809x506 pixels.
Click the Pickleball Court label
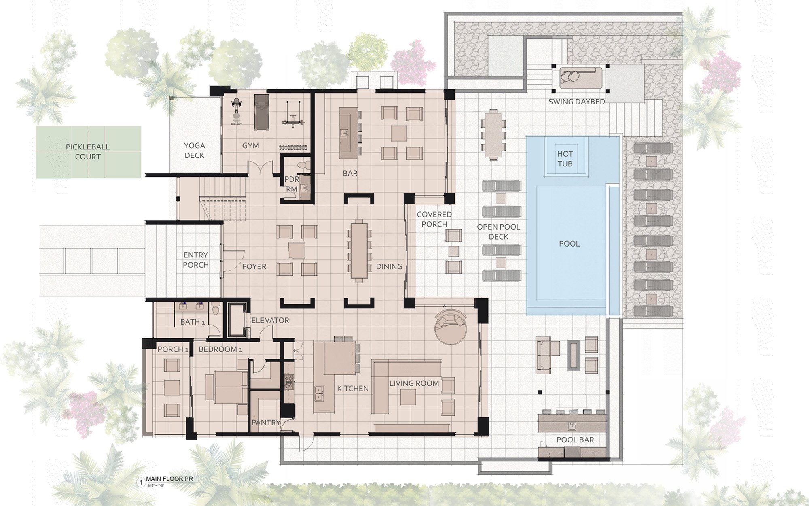(x=88, y=152)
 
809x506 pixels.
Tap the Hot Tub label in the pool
(x=565, y=159)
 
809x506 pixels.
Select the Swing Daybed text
(x=576, y=102)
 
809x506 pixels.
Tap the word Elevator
(x=270, y=320)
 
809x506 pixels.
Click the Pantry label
(x=266, y=422)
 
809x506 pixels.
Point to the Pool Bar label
(x=575, y=440)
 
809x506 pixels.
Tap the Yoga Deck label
(x=194, y=150)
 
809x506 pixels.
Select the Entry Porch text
(x=195, y=260)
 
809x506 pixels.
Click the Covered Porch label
(x=434, y=219)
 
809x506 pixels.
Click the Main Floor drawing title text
(x=169, y=479)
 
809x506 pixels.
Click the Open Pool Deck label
(x=498, y=232)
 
